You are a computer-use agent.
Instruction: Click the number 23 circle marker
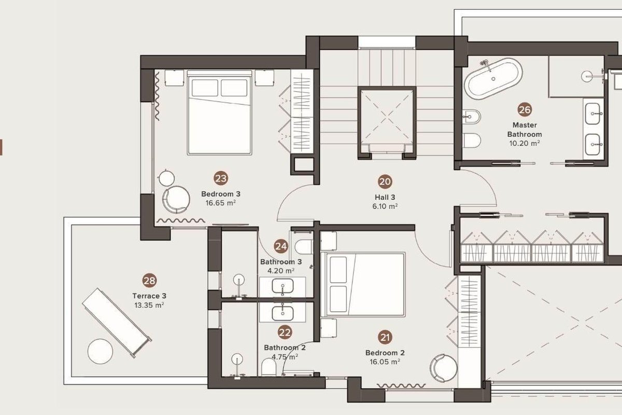221,178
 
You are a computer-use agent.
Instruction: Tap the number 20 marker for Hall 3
385,182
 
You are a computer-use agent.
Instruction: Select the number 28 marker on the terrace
149,281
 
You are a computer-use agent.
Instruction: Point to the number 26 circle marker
525,110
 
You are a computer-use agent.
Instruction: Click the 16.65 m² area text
221,203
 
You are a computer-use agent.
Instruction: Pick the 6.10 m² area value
385,206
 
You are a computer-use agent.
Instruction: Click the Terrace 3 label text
149,296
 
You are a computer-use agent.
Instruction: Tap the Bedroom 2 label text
385,353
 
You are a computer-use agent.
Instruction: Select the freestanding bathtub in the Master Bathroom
493,79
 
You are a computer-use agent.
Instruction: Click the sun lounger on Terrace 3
117,323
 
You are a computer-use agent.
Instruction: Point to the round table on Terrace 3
100,351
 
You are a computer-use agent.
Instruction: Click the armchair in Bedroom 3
176,200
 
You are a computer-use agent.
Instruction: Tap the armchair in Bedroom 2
444,368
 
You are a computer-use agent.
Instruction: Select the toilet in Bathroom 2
269,367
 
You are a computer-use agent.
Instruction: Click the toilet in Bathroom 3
304,247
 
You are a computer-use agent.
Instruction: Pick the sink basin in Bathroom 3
282,286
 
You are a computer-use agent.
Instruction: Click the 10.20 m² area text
525,143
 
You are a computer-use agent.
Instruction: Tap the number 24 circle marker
281,246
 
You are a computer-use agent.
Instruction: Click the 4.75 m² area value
285,356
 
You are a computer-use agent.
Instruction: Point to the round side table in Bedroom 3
166,178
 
